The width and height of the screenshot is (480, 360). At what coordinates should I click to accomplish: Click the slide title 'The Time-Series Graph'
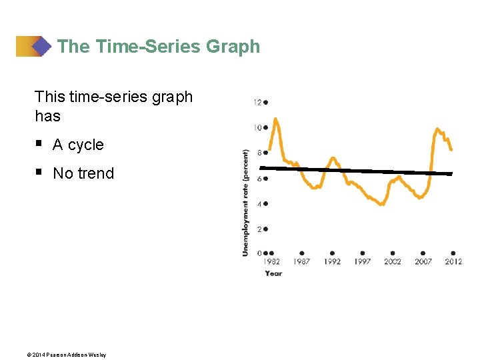pos(159,47)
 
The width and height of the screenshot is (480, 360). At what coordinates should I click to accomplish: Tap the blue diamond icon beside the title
pos(41,46)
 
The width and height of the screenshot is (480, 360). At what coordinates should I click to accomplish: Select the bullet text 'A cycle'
pos(78,145)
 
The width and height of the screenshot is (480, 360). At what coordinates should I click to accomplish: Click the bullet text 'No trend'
pos(83,173)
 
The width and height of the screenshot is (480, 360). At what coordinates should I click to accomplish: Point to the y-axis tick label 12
pos(257,102)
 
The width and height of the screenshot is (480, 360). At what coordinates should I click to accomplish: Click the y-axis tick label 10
pos(257,127)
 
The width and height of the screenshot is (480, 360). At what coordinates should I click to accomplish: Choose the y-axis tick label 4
pos(259,204)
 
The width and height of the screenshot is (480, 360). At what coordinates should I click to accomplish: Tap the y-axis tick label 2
pos(259,229)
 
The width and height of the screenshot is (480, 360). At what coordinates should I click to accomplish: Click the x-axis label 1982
pos(272,262)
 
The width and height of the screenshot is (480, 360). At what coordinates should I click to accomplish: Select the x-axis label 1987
pos(302,262)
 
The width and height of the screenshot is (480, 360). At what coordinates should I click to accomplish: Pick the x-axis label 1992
pos(332,262)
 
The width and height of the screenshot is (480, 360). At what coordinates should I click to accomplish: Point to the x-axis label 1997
pos(362,262)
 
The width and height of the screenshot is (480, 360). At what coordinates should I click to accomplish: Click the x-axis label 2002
pos(393,262)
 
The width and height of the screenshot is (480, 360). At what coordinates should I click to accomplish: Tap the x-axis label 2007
pos(423,262)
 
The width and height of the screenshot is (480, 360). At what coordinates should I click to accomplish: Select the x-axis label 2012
pos(453,262)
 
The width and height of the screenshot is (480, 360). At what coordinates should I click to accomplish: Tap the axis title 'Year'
pos(273,273)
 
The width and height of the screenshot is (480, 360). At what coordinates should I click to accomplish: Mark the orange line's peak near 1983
pos(275,119)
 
